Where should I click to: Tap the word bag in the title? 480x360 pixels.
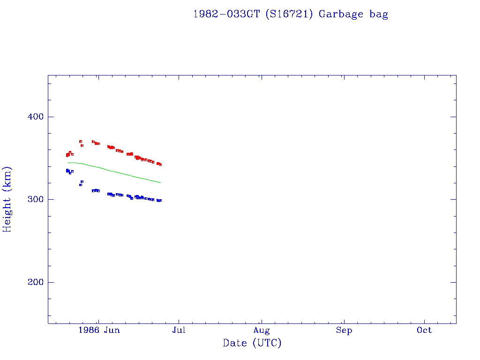click(378, 14)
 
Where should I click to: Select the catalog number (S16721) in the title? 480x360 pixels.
click(289, 14)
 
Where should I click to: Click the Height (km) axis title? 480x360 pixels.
click(7, 199)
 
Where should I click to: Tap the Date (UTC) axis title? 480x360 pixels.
click(252, 344)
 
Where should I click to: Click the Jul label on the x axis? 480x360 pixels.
click(179, 330)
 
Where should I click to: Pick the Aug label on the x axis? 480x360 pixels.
click(262, 330)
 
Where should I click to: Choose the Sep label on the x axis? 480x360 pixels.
click(344, 330)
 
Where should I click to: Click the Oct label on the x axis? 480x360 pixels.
click(424, 330)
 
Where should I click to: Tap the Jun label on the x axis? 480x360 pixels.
click(112, 330)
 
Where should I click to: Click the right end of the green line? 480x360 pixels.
click(160, 182)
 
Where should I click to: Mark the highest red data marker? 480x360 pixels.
click(81, 141)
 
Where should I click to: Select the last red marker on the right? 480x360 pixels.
click(160, 165)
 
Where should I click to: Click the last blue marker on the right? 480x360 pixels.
click(160, 200)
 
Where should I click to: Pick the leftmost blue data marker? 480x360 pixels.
click(67, 170)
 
